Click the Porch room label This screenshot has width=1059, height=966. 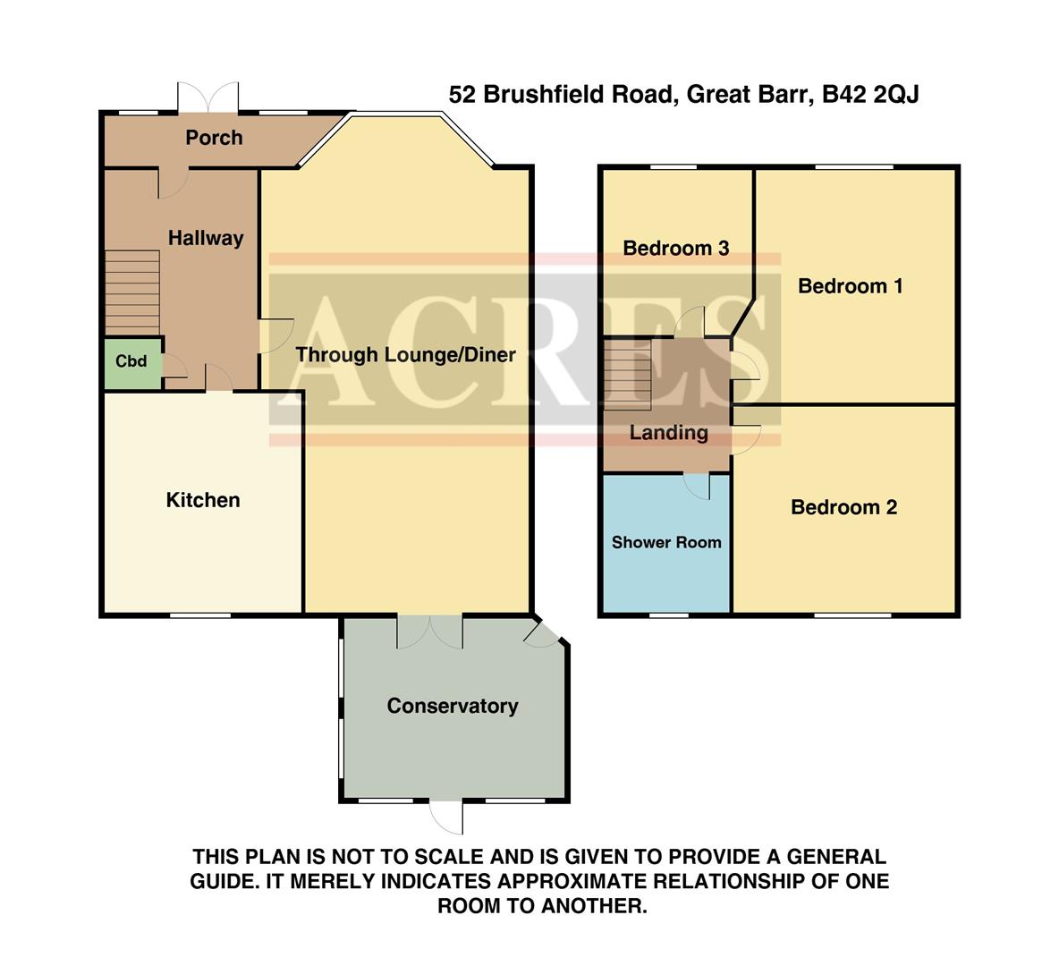click(x=214, y=138)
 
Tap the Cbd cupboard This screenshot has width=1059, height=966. click(x=131, y=362)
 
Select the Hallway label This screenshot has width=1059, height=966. click(x=206, y=238)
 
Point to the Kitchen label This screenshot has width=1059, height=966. click(x=203, y=500)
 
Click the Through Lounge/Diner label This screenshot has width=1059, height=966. click(x=405, y=354)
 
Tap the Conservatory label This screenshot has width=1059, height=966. click(x=452, y=706)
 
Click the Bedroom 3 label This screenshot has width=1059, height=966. click(x=675, y=248)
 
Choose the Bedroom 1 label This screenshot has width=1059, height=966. click(x=850, y=286)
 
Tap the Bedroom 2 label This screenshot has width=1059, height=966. click(x=843, y=508)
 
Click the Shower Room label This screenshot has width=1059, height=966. click(x=665, y=542)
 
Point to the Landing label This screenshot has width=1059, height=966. click(x=668, y=433)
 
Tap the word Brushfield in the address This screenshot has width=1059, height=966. click(x=540, y=94)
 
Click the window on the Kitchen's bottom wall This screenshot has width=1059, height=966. click(x=200, y=614)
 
